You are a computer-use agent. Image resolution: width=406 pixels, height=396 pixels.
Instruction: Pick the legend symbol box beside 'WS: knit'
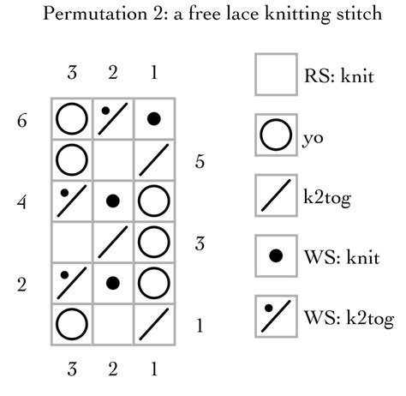pos(276,255)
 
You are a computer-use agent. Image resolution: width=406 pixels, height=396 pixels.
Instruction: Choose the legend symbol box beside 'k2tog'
pos(276,196)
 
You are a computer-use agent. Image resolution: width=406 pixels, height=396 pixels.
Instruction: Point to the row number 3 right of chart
pos(199,243)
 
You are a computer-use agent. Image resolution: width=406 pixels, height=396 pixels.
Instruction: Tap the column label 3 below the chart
pos(72,370)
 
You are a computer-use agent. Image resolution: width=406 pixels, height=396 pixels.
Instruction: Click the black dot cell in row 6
pos(153,119)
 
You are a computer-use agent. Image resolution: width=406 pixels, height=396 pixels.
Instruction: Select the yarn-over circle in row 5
pos(72,160)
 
